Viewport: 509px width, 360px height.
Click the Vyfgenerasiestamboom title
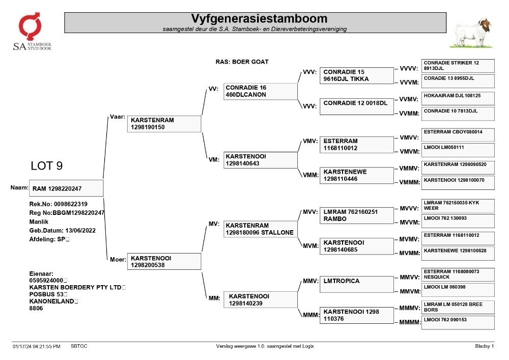coord(259,18)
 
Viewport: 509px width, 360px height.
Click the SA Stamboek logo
coord(32,32)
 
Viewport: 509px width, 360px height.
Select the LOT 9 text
coord(47,166)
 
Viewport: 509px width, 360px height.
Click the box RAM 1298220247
coord(66,188)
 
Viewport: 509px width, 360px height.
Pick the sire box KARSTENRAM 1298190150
coord(164,124)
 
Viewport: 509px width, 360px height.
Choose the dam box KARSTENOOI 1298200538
coord(164,261)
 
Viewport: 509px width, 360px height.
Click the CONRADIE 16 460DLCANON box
coord(260,91)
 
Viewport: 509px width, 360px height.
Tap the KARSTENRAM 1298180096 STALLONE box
coord(260,229)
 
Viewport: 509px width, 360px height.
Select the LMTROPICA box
coord(356,284)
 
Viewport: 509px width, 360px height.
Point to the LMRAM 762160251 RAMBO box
coord(356,215)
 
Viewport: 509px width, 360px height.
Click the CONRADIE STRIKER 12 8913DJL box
coord(458,66)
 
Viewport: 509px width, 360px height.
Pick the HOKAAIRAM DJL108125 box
coord(458,98)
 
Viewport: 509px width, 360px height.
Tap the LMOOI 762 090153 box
coord(458,323)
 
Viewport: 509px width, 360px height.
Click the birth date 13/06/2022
coord(80,231)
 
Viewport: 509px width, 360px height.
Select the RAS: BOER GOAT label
coord(242,62)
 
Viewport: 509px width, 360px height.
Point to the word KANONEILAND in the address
coord(52,301)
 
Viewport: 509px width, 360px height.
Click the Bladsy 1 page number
coord(485,346)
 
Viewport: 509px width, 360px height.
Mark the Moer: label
coord(118,259)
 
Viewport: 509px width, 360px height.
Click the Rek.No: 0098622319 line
coord(59,204)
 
